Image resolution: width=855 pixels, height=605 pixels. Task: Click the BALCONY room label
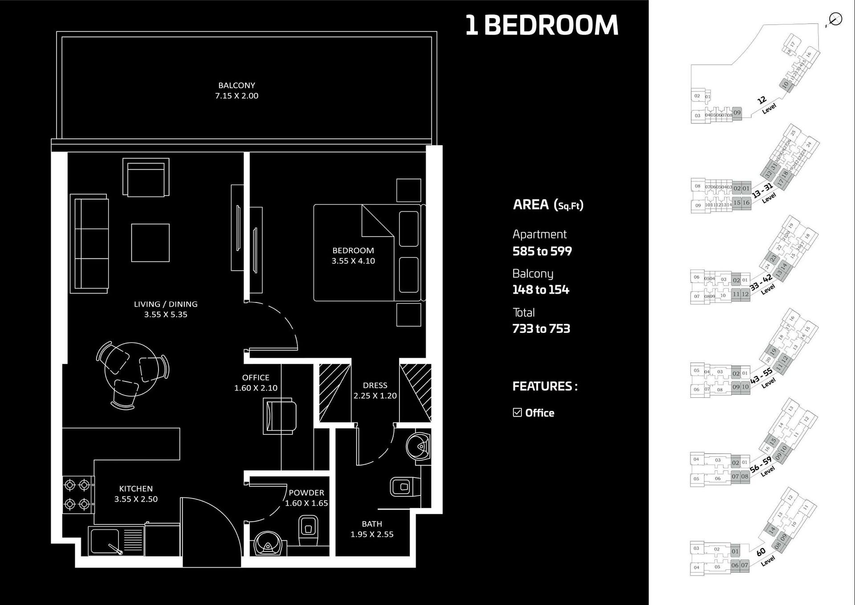pyautogui.click(x=236, y=85)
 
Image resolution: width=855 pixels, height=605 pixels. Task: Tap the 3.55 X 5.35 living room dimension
pyautogui.click(x=166, y=315)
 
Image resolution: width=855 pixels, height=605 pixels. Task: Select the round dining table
pyautogui.click(x=131, y=370)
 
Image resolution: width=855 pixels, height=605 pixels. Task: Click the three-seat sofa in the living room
pyautogui.click(x=90, y=244)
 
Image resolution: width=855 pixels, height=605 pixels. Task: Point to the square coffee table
pyautogui.click(x=150, y=243)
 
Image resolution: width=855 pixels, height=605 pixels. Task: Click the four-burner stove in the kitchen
pyautogui.click(x=77, y=495)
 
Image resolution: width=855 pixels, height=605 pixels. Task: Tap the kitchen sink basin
pyautogui.click(x=104, y=541)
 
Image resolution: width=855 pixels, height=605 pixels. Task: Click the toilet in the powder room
pyautogui.click(x=308, y=530)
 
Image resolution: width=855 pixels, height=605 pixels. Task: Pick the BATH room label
pyautogui.click(x=372, y=524)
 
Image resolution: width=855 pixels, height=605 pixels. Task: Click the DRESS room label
pyautogui.click(x=375, y=385)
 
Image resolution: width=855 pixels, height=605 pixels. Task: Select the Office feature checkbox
pyautogui.click(x=517, y=413)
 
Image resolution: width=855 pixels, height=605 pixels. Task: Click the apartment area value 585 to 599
pyautogui.click(x=542, y=251)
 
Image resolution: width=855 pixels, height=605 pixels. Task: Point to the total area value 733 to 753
pyautogui.click(x=541, y=329)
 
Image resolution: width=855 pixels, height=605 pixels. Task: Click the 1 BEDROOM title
pyautogui.click(x=541, y=25)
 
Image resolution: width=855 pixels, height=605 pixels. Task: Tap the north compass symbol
pyautogui.click(x=835, y=20)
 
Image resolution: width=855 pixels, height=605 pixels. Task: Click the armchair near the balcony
pyautogui.click(x=146, y=178)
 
